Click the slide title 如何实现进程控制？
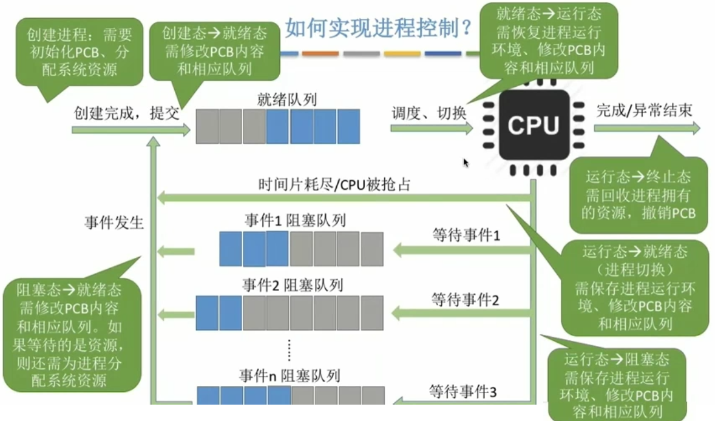coord(379,27)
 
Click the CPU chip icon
coord(533,126)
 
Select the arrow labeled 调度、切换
coord(431,128)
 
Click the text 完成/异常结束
coord(644,110)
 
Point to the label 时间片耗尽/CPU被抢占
coord(334,184)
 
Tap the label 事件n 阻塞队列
coord(291,376)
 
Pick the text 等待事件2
coord(464,299)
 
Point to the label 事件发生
coord(114,223)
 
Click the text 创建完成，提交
coord(127,113)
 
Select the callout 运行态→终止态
coord(638,195)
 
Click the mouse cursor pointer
coord(466,163)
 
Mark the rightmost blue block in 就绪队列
coord(348,126)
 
